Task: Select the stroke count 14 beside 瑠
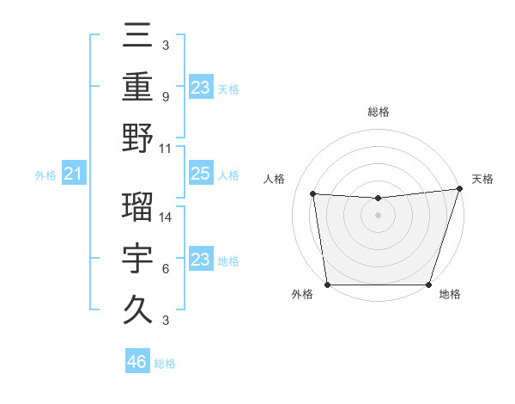point(167,217)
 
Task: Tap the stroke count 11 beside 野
point(167,148)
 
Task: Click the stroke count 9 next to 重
point(165,97)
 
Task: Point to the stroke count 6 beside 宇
point(165,269)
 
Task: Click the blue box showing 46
point(137,362)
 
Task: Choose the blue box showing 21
point(73,174)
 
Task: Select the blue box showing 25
point(200,174)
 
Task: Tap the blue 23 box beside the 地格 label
point(200,260)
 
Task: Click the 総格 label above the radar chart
point(378,112)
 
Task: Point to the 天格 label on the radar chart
point(482,179)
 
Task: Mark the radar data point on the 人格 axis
point(313,194)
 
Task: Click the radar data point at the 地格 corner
point(428,285)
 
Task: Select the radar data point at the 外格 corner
point(327,285)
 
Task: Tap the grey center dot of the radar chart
point(378,215)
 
